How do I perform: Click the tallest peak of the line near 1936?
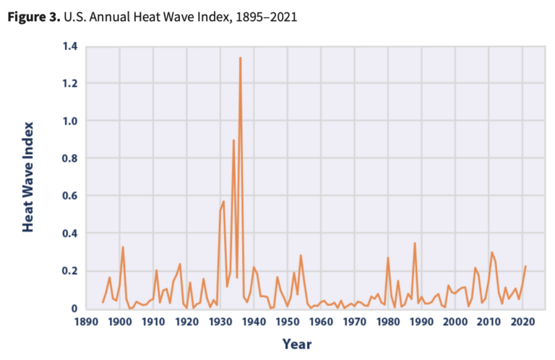click(x=240, y=58)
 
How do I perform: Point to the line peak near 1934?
click(x=233, y=140)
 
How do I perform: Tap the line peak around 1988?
click(x=415, y=244)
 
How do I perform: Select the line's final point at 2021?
click(x=525, y=266)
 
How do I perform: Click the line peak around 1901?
click(x=123, y=247)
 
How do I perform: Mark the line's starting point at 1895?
click(x=103, y=302)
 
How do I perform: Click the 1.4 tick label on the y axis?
click(x=69, y=47)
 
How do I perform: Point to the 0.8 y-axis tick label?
click(x=69, y=159)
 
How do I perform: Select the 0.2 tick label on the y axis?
click(x=69, y=271)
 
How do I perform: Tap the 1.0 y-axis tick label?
click(x=69, y=121)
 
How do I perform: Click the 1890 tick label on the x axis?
click(x=86, y=323)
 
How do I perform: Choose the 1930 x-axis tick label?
click(x=220, y=323)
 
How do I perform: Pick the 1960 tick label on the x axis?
click(x=321, y=323)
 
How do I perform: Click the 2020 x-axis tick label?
click(x=522, y=323)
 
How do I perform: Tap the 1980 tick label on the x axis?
click(x=388, y=323)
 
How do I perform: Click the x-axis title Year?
click(x=297, y=344)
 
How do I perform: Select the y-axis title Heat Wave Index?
click(x=28, y=178)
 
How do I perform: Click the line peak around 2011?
click(x=491, y=252)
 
